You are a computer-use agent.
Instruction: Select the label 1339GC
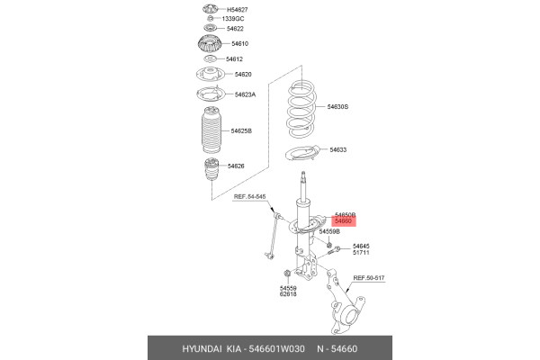pyautogui.click(x=233, y=19)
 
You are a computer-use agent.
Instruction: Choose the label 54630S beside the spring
pyautogui.click(x=337, y=107)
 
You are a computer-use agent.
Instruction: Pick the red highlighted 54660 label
pyautogui.click(x=344, y=220)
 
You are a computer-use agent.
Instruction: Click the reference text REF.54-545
pyautogui.click(x=249, y=196)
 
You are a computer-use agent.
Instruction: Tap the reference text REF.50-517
pyautogui.click(x=368, y=279)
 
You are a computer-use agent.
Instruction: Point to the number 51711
pyautogui.click(x=361, y=253)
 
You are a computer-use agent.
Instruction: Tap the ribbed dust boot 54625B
pyautogui.click(x=208, y=133)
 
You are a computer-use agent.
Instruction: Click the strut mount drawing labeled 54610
pyautogui.click(x=208, y=44)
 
